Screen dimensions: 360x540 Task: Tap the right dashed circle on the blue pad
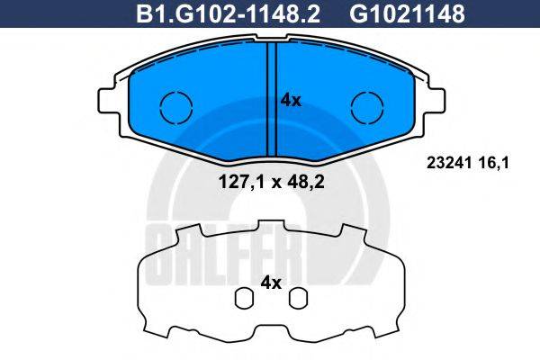click(365, 107)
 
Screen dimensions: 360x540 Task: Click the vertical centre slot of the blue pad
click(271, 99)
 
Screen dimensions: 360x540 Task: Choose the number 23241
click(444, 163)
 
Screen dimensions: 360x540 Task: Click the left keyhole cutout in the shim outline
click(242, 297)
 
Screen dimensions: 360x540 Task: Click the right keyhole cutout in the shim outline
click(301, 297)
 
